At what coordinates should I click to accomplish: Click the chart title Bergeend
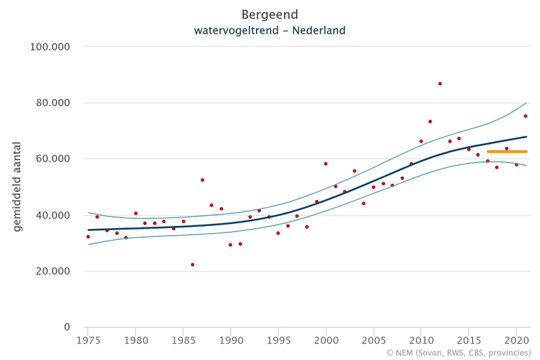(269, 14)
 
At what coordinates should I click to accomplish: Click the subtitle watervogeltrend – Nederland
(269, 31)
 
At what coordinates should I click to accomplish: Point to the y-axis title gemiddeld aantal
(18, 187)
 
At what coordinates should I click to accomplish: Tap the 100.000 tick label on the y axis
(52, 47)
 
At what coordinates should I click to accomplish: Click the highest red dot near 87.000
(440, 84)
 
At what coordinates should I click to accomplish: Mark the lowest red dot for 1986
(192, 265)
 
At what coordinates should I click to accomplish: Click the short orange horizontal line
(507, 152)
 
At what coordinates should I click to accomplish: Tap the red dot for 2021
(525, 116)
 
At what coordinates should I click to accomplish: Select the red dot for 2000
(325, 164)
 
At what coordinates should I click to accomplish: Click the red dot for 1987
(202, 180)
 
